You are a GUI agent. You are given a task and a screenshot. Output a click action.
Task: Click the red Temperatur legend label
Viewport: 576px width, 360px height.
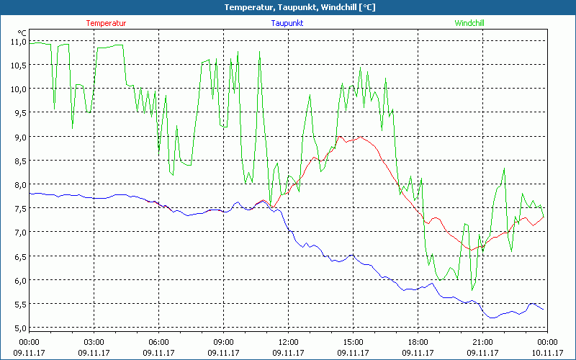click(x=106, y=23)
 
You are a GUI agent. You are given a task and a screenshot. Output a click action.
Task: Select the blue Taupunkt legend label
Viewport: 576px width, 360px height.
click(x=287, y=23)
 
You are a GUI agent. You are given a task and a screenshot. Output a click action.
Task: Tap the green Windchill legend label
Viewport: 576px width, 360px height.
click(x=469, y=23)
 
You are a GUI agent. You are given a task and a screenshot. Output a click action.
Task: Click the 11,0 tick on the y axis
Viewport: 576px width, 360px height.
click(x=18, y=41)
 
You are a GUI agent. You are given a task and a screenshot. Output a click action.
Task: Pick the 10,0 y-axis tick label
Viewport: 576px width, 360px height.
click(x=18, y=89)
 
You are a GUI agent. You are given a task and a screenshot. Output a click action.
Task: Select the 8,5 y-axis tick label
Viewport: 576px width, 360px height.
click(x=18, y=161)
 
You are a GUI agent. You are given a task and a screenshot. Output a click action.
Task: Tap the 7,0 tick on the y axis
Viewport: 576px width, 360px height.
click(x=18, y=232)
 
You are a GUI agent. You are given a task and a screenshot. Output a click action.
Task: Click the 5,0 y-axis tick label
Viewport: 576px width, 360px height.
click(x=18, y=328)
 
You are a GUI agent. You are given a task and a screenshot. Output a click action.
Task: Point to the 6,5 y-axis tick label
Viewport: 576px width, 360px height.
click(x=18, y=256)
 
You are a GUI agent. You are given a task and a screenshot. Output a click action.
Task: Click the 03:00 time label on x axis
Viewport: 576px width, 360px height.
click(x=94, y=342)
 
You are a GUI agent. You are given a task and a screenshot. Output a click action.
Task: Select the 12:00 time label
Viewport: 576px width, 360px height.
click(x=289, y=342)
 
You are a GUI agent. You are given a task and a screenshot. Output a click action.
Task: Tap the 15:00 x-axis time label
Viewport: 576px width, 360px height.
click(x=354, y=342)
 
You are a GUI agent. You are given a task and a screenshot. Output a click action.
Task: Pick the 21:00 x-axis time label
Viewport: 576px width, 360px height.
click(x=483, y=342)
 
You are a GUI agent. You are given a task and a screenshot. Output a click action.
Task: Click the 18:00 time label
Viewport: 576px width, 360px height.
click(x=418, y=342)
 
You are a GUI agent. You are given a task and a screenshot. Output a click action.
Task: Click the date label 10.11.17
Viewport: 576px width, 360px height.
click(x=547, y=353)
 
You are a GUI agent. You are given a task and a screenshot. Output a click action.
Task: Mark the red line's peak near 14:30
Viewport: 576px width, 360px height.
click(x=340, y=136)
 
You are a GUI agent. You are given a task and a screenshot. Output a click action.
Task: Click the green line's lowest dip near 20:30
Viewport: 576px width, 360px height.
click(x=472, y=290)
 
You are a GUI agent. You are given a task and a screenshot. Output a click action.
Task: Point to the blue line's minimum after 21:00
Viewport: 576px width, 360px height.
click(x=492, y=318)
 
